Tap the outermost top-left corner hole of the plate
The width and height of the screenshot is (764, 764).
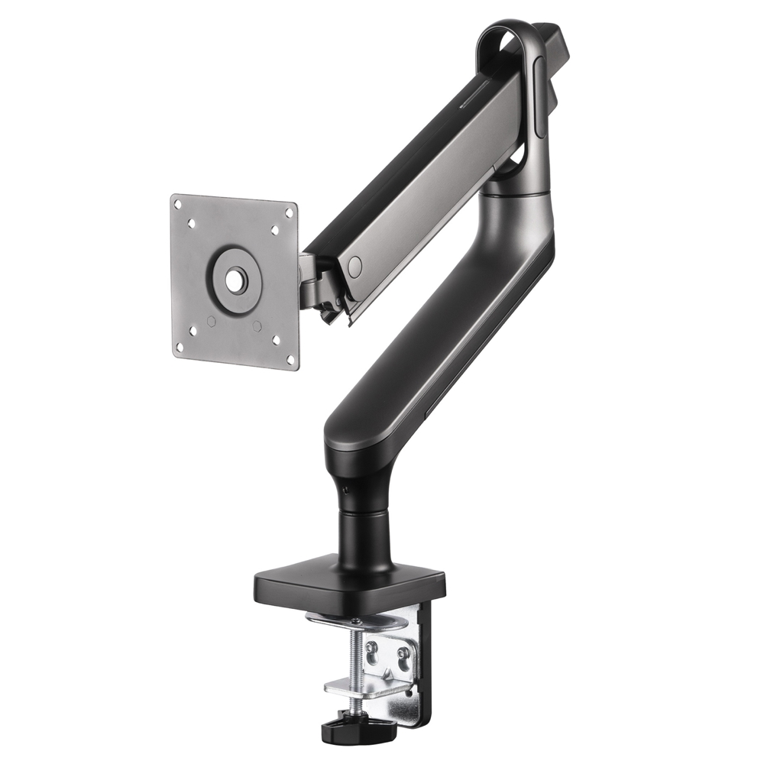(177, 204)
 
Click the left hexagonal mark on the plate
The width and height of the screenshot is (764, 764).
(211, 322)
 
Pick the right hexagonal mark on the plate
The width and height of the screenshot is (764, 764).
(257, 326)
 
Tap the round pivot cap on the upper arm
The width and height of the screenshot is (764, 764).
(354, 266)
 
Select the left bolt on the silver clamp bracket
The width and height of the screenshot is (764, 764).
(373, 648)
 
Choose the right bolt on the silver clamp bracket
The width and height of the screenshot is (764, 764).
(403, 653)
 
